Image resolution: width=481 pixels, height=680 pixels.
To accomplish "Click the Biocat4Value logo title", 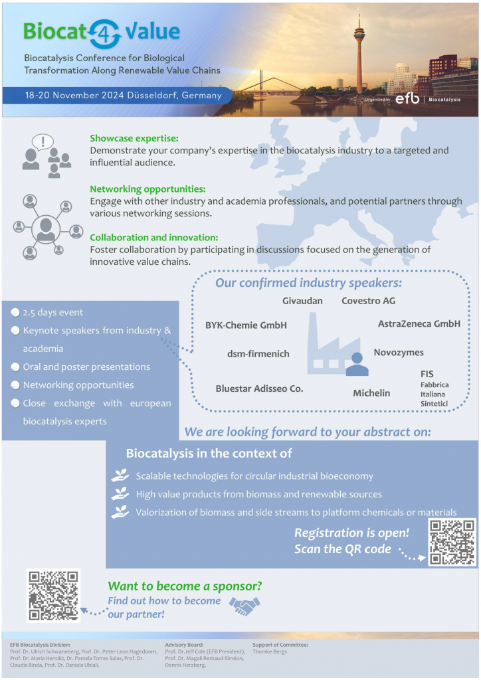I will coord(102,31).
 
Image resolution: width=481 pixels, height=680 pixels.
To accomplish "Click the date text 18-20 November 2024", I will coord(123,95).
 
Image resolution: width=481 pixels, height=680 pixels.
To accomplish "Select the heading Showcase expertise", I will coord(134,138).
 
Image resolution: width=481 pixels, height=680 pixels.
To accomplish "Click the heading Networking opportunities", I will coord(147,189).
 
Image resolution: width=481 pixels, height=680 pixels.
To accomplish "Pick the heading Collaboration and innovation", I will coord(154,237).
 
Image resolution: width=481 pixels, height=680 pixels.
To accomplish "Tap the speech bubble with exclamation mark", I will coord(43,141).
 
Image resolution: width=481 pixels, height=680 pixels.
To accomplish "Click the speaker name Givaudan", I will coord(302,301).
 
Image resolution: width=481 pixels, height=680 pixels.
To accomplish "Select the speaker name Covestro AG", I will coord(368,301).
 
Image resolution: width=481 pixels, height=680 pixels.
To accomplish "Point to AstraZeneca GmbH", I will coord(419,323).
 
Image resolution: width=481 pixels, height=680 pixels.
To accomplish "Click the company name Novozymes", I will coord(399,352).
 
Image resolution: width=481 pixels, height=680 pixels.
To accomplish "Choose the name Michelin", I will coord(371,393).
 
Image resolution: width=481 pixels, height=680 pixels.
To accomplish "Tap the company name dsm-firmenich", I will coord(258,354).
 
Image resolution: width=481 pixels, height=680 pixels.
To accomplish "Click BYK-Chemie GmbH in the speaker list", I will coord(246,325).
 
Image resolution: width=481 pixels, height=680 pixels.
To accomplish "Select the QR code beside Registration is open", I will coord(452,542).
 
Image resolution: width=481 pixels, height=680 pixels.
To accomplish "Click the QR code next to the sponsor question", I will coord(53,595).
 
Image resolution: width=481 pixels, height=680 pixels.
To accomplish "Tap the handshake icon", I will coord(244,604).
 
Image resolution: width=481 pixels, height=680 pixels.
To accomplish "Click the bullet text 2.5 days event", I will coord(53,312).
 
